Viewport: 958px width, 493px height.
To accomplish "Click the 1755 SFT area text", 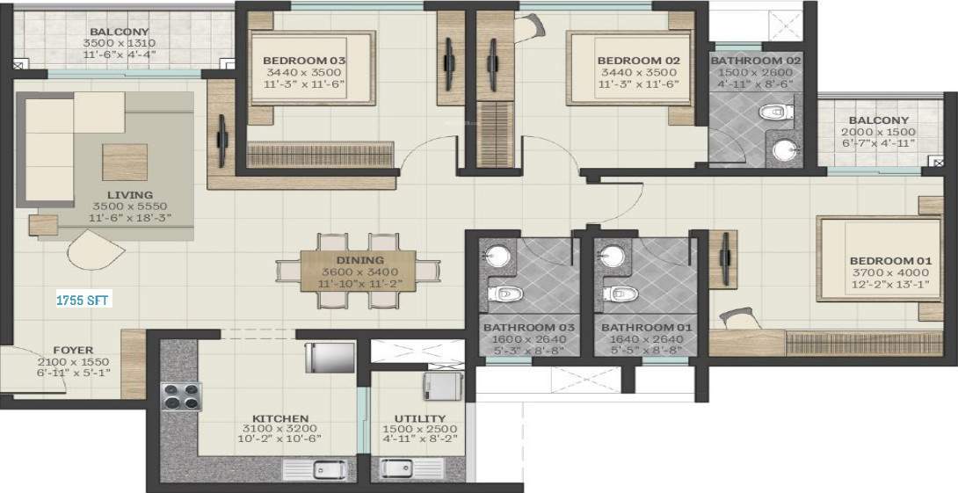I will (83, 300).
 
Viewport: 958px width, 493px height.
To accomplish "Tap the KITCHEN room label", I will (280, 418).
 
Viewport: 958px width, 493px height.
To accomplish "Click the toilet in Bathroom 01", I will (618, 293).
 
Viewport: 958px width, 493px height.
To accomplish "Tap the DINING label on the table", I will (359, 260).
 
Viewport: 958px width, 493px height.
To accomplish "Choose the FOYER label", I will (72, 350).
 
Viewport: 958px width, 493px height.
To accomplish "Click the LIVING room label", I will (129, 195).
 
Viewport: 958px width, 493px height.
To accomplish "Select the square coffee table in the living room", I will (125, 162).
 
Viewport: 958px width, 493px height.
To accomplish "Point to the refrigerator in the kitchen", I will (330, 358).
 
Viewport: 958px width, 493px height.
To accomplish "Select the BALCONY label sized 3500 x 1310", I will (118, 31).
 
